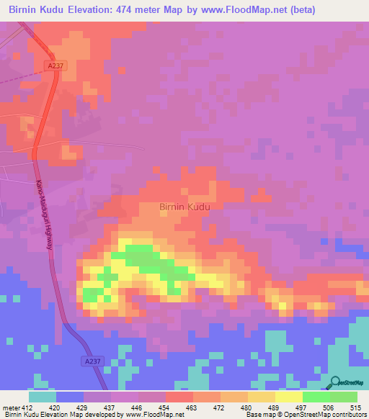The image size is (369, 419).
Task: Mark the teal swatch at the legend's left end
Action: pyautogui.click(x=43, y=397)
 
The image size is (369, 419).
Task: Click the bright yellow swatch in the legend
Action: pyautogui.click(x=289, y=397)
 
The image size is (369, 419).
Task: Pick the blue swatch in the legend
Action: pyautogui.click(x=70, y=397)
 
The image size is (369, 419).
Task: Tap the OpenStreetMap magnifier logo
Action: pyautogui.click(x=334, y=382)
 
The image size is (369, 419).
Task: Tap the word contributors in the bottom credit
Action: pyautogui.click(x=347, y=414)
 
